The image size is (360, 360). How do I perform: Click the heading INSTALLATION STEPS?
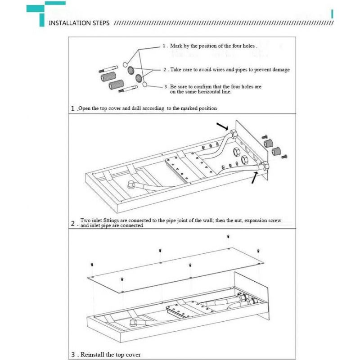click(x=78, y=23)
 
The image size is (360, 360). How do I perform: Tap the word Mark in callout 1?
click(x=175, y=46)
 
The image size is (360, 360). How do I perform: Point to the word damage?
click(x=280, y=70)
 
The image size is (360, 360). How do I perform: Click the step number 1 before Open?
click(x=73, y=108)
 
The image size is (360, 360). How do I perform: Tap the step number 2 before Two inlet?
click(x=73, y=223)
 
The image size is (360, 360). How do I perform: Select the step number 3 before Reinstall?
click(x=73, y=355)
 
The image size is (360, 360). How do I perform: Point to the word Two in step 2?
click(x=85, y=220)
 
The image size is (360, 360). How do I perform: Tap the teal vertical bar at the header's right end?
click(x=332, y=13)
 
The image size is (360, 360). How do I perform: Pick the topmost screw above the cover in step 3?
click(x=228, y=237)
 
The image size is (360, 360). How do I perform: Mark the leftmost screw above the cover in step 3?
click(x=92, y=264)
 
